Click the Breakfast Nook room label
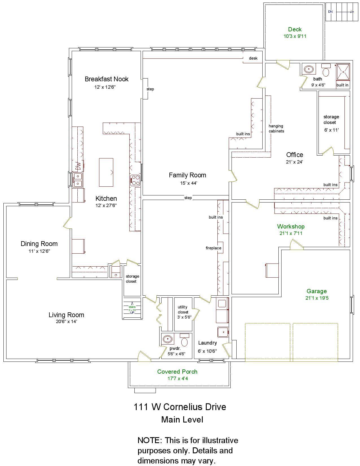106,79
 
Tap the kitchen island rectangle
106,172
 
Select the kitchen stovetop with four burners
136,180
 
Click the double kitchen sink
77,180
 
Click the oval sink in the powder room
167,339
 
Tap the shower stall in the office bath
343,72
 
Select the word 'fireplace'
213,248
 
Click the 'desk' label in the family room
253,58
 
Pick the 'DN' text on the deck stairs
330,12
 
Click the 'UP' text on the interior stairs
132,313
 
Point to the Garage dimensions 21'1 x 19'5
317,298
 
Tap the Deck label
294,29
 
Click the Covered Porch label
177,371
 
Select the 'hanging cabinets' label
276,129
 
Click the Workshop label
291,226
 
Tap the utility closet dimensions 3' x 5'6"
184,317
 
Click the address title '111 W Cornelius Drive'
180,407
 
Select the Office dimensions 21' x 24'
294,162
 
